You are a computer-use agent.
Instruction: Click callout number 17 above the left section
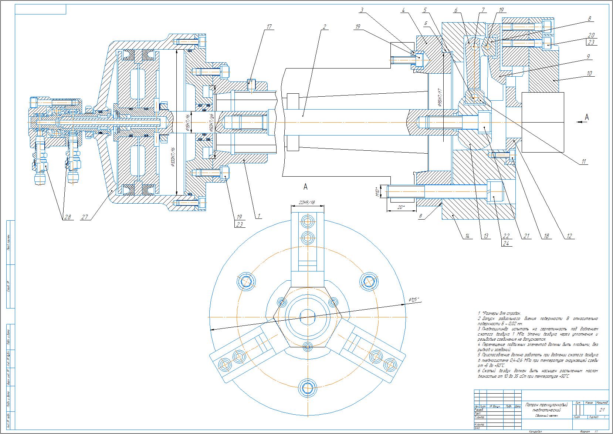pos(269,27)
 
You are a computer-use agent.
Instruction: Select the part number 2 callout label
pos(324,27)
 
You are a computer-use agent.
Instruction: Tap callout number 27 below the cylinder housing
pos(85,217)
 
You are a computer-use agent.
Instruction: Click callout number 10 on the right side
pos(589,73)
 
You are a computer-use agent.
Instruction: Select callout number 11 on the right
pos(583,161)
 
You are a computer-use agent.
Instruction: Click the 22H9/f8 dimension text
pos(308,202)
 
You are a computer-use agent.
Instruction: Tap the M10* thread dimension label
pos(377,192)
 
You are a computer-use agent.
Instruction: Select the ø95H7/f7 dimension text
pos(440,98)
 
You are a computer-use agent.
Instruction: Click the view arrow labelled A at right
pos(586,118)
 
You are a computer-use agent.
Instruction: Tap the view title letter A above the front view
pos(305,187)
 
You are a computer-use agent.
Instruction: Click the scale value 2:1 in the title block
pos(602,410)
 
